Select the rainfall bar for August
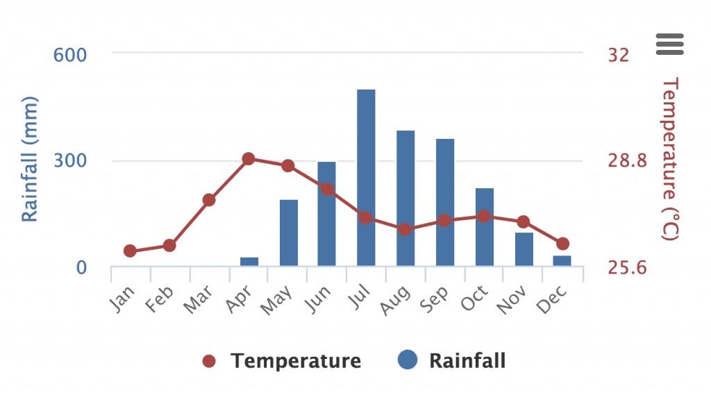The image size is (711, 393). (405, 198)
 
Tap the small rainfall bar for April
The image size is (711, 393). (249, 262)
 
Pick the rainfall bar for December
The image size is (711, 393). (562, 261)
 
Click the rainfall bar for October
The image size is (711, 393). (485, 227)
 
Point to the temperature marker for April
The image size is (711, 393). (249, 159)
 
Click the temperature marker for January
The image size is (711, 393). (130, 251)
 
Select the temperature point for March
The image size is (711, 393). (209, 200)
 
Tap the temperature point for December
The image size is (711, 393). (563, 244)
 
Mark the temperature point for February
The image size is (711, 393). (169, 245)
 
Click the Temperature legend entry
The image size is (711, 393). (282, 361)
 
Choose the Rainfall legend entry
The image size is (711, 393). (452, 361)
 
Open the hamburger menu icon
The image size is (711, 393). (670, 44)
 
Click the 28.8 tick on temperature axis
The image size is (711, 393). (627, 161)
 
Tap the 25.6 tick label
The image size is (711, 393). (627, 267)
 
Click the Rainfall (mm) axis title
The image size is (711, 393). (29, 160)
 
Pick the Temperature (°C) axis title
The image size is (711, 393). (669, 160)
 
